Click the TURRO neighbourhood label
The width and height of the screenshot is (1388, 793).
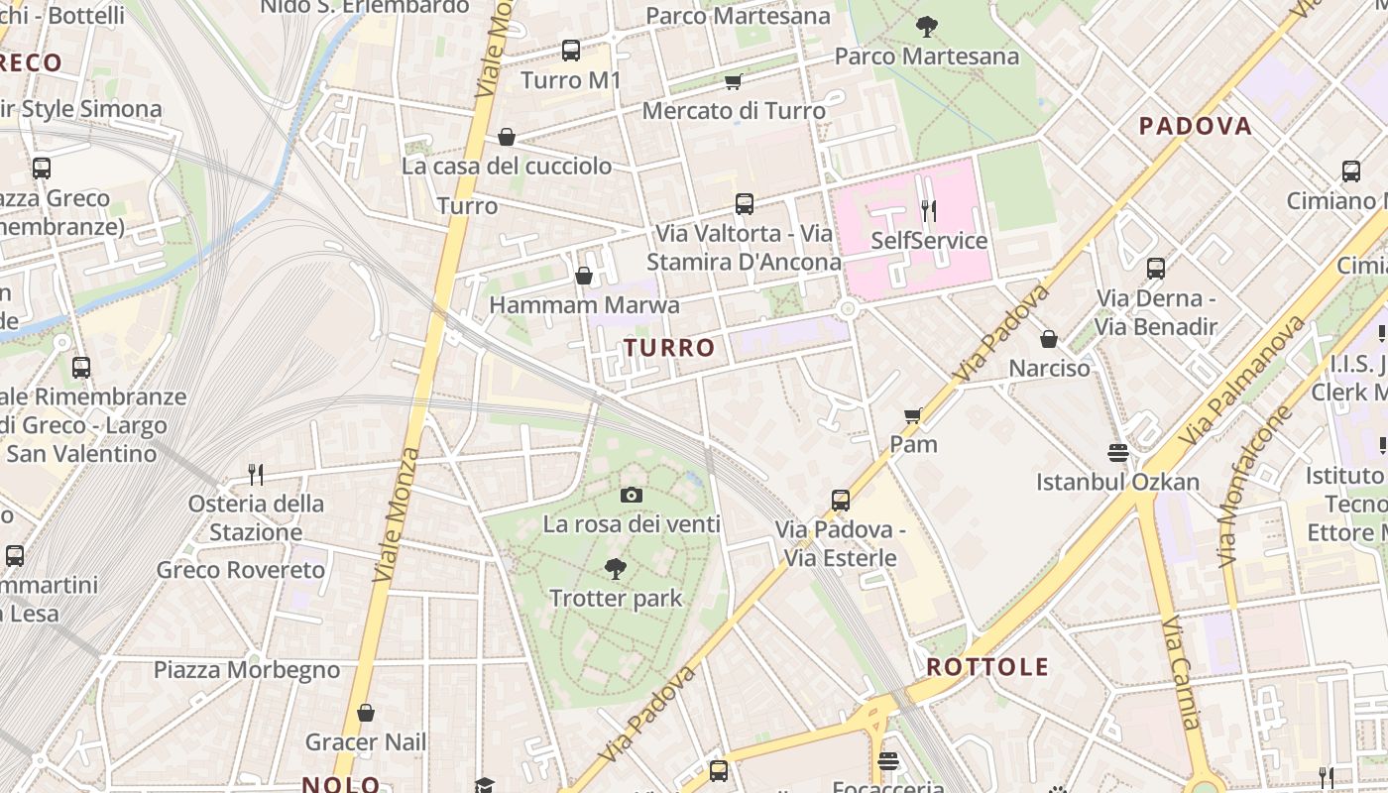(669, 348)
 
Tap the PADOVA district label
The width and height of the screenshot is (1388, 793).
(1195, 126)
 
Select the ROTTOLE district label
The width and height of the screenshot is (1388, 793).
(987, 667)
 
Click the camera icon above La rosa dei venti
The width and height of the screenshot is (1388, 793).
(632, 495)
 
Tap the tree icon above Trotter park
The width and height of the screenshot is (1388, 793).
(615, 568)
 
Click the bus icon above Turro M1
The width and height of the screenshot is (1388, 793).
(570, 51)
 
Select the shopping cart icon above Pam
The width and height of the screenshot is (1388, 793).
(913, 414)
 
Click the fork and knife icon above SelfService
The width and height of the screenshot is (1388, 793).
(929, 210)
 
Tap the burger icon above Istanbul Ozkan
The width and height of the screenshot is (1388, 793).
(1118, 453)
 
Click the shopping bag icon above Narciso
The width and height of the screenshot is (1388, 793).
(1049, 339)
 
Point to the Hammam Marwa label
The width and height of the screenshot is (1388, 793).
(585, 304)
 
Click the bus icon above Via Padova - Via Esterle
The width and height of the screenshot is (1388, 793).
(841, 500)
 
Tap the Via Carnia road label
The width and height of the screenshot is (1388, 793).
(1181, 671)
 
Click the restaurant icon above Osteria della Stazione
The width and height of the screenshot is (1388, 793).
(256, 474)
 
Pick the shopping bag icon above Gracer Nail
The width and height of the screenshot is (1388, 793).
(366, 713)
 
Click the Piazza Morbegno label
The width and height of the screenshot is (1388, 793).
(247, 670)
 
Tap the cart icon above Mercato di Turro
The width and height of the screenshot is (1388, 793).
(733, 81)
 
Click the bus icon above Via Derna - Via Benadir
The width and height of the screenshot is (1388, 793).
(1155, 268)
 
